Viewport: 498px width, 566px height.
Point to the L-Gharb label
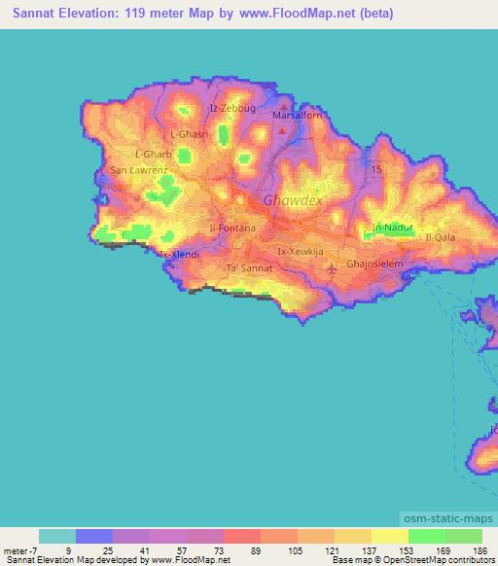point(153,154)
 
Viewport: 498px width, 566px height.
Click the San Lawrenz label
point(139,170)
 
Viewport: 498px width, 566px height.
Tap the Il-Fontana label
point(232,228)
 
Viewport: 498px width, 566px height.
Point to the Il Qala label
point(439,236)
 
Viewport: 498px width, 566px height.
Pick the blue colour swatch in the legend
point(94,536)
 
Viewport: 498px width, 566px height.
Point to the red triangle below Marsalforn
point(283,129)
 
